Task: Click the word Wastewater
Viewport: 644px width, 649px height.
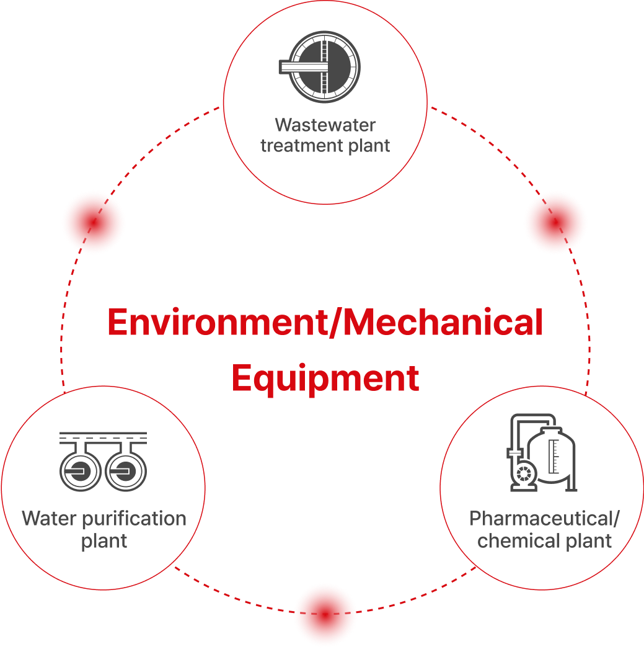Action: coord(325,125)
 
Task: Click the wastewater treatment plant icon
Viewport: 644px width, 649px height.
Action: coord(319,66)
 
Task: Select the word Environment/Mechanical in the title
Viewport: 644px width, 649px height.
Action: coord(325,323)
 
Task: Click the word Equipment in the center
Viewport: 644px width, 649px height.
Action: coord(325,378)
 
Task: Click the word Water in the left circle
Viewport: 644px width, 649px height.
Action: coord(50,518)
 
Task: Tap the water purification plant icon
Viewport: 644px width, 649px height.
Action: coord(104,462)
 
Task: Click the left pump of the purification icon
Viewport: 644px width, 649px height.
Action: coord(80,470)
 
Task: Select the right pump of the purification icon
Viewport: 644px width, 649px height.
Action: coord(126,470)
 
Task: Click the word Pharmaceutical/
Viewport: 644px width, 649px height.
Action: coord(544,519)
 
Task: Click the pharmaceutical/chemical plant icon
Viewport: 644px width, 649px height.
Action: coord(542,452)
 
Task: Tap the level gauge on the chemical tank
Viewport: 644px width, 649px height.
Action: coord(554,457)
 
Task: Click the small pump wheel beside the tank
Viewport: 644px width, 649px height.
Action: coord(524,473)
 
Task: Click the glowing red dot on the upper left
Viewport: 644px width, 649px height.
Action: coord(94,222)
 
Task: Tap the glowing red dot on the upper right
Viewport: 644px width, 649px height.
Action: coord(555,222)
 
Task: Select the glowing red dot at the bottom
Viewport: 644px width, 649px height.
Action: coord(325,614)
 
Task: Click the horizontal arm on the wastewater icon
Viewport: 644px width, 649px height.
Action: coord(304,66)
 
